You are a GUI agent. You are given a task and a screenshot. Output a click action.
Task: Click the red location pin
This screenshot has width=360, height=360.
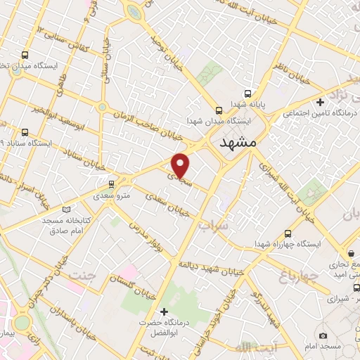pos(181,165)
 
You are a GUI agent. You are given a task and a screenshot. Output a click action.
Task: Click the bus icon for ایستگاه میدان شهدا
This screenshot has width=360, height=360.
pos(219,110)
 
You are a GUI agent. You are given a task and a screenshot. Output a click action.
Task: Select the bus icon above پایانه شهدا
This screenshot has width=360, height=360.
pos(247,94)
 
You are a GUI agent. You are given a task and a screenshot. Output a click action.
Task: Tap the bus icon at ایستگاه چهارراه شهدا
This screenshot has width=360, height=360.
pos(288,234)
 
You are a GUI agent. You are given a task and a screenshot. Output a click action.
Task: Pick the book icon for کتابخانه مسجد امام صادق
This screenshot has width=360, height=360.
pos(67,209)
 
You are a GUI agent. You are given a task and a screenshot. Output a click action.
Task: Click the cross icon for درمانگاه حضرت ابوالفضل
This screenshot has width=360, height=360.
pos(165,311)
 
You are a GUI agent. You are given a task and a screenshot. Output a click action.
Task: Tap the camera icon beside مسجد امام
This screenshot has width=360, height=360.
pos(323,336)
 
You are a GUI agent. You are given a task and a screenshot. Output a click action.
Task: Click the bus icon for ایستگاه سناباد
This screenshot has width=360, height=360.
pos(26,132)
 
